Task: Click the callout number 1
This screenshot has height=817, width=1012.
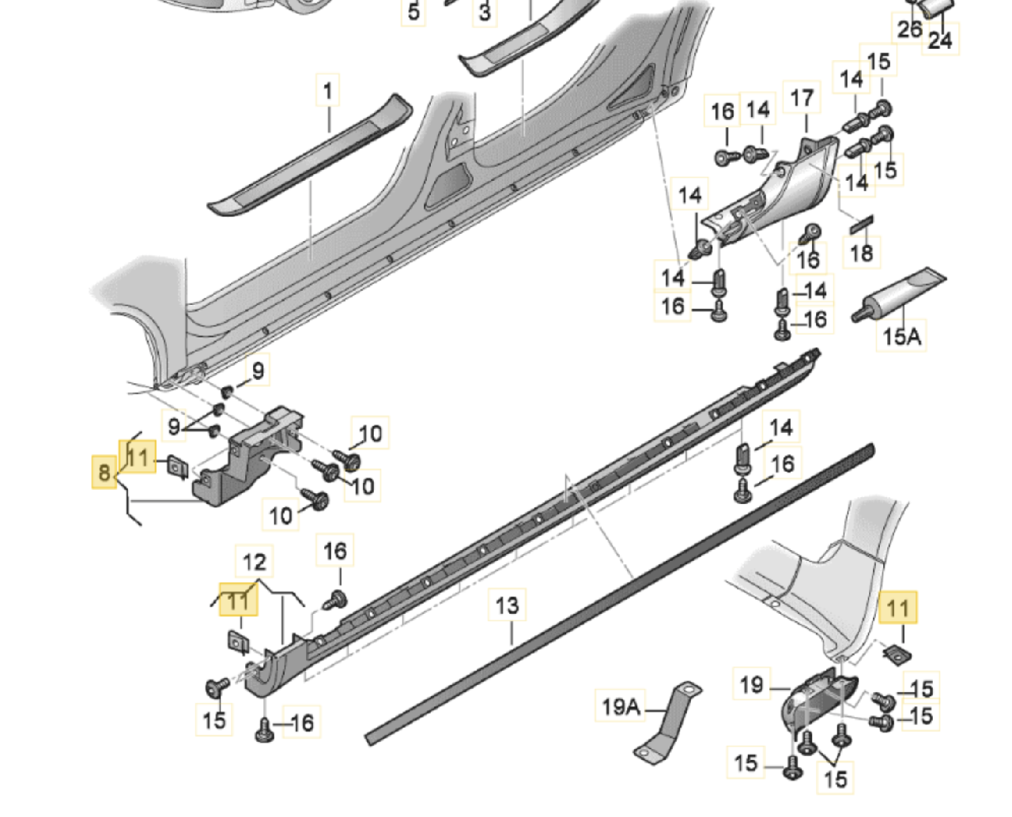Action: coord(328,91)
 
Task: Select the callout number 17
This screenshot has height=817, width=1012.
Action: coord(802,99)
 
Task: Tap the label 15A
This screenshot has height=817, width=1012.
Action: coord(902,337)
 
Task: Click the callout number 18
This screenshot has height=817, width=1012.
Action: coord(861,253)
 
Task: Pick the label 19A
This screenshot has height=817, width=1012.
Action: coord(621,706)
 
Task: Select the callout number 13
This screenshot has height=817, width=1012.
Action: coord(507,606)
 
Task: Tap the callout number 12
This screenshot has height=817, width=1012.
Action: coord(255,562)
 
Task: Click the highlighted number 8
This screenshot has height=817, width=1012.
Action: coord(104,473)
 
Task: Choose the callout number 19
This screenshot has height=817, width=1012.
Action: coord(752,683)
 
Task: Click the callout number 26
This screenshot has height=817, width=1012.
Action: coord(909,29)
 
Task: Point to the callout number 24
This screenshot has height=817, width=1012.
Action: coord(940,40)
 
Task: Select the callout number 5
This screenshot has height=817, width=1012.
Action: coord(413,12)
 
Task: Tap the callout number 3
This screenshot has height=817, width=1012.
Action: coord(485,12)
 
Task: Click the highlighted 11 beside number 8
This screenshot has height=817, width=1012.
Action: coord(138,457)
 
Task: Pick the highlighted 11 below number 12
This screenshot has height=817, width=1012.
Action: coord(238,601)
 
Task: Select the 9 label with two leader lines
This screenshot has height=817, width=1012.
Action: coord(174,427)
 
